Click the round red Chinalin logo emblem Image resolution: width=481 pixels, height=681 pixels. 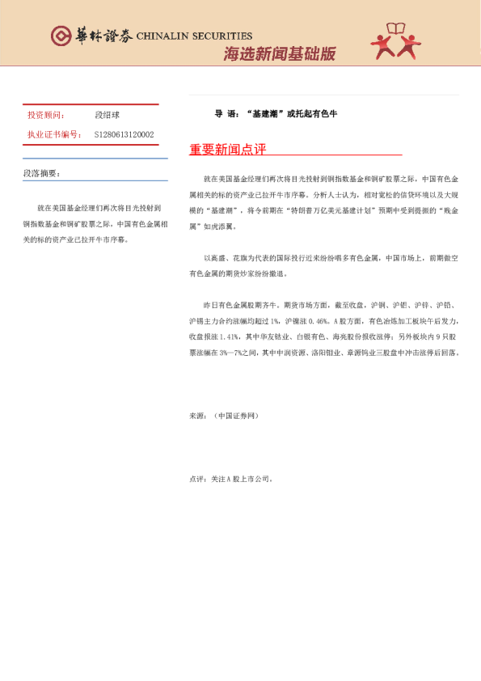[x=61, y=36]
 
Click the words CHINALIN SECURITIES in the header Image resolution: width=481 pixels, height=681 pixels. [x=194, y=36]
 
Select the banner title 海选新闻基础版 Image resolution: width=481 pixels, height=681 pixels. [x=279, y=55]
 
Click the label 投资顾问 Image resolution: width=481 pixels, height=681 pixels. [x=46, y=116]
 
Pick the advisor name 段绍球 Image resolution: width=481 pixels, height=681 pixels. [x=108, y=116]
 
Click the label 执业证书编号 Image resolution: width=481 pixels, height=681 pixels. [x=54, y=134]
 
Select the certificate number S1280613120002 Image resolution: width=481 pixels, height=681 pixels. [x=124, y=134]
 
